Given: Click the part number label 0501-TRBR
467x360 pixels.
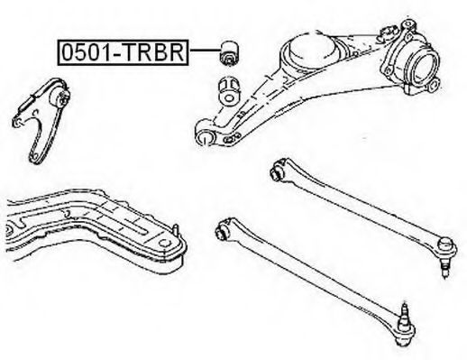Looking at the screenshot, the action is (x=123, y=52).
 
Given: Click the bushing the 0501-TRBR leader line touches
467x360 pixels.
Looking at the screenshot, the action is (x=229, y=52).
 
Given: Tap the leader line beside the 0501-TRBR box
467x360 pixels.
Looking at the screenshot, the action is (x=205, y=51).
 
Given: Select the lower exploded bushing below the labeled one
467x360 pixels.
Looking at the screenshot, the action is (x=228, y=91).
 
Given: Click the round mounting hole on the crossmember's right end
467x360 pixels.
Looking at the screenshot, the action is (x=164, y=244).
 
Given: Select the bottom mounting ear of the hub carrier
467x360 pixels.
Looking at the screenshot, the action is (x=433, y=85).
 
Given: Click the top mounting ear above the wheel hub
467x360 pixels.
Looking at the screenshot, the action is (x=407, y=25).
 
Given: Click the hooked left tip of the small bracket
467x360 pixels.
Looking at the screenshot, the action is (x=17, y=122).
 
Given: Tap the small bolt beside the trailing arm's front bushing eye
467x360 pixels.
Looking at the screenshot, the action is (x=230, y=139).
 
